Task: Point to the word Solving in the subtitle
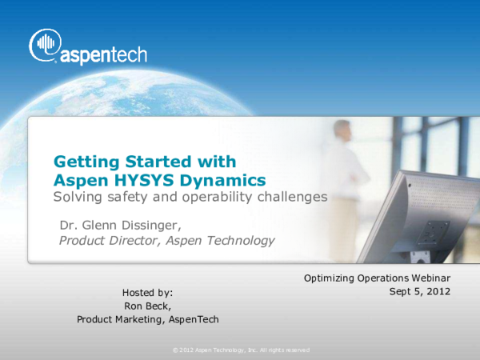77,197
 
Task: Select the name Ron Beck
147,306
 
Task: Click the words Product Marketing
121,319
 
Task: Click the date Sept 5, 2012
420,291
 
